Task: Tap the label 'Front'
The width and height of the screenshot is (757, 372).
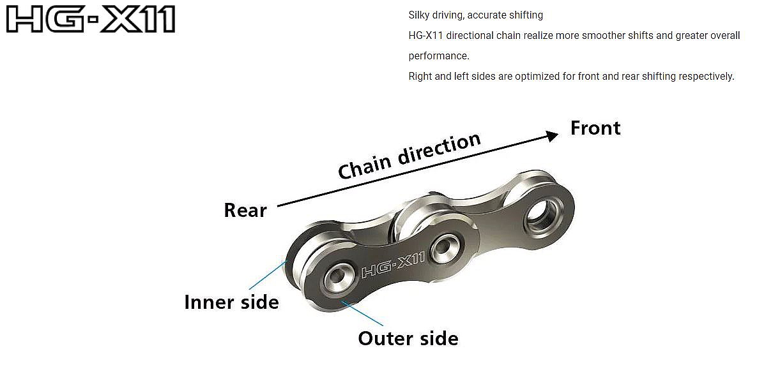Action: [595, 128]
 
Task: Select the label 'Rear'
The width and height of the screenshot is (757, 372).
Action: [245, 210]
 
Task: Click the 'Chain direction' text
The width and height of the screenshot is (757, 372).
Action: [409, 156]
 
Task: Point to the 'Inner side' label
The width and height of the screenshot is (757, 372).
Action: [231, 301]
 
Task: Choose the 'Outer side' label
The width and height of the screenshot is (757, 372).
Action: [408, 338]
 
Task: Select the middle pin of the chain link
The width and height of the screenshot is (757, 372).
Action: [443, 246]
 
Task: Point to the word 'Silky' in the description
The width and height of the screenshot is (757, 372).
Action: [419, 15]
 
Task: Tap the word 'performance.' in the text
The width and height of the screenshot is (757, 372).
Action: [439, 56]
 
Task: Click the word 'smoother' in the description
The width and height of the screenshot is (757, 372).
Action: [604, 35]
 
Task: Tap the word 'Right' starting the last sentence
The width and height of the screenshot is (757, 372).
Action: [421, 77]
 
